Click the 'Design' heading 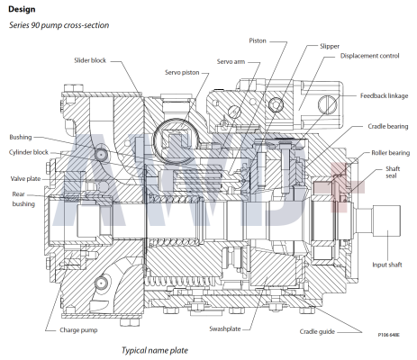(22, 8)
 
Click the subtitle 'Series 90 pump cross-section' (59, 25)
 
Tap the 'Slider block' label (90, 60)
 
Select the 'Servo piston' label (166, 72)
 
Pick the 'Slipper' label (330, 45)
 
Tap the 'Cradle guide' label (322, 332)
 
